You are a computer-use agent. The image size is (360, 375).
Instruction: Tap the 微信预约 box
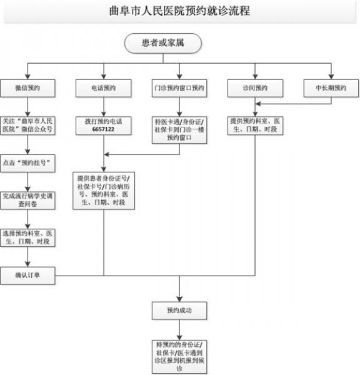click(x=27, y=87)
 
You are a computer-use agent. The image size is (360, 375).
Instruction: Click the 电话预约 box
click(x=103, y=87)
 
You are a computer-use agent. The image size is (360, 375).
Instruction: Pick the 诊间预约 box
click(x=255, y=87)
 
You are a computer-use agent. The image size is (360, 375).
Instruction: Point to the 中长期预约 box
click(x=331, y=87)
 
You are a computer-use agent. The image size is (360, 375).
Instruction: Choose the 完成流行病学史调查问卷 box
click(x=27, y=199)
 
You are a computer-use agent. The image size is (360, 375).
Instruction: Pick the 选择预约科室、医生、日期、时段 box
click(x=27, y=237)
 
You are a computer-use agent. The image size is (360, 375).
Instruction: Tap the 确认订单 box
click(x=27, y=274)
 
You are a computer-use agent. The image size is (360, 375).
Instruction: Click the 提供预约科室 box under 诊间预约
click(x=255, y=125)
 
